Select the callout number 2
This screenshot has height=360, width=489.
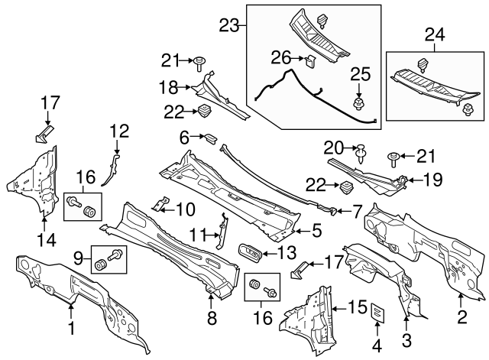(461, 315)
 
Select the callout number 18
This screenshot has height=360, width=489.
(169, 86)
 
